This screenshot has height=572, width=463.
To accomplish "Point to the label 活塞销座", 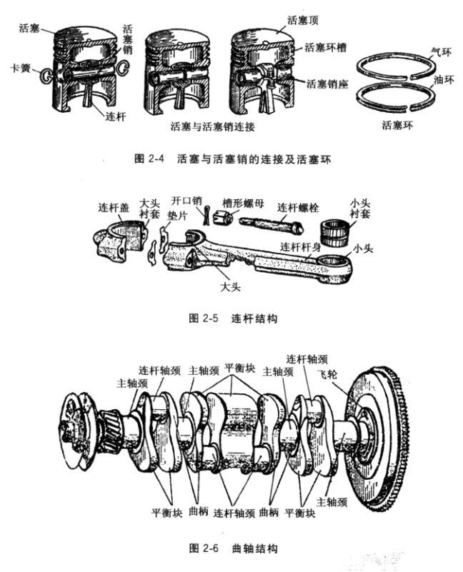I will (x=327, y=84).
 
